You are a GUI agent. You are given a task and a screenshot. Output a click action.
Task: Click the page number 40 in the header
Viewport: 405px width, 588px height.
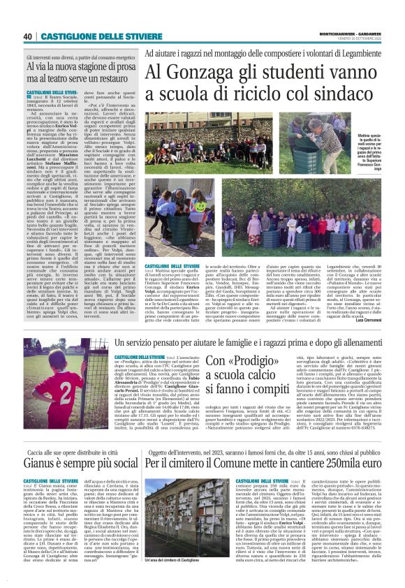(x=28, y=36)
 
